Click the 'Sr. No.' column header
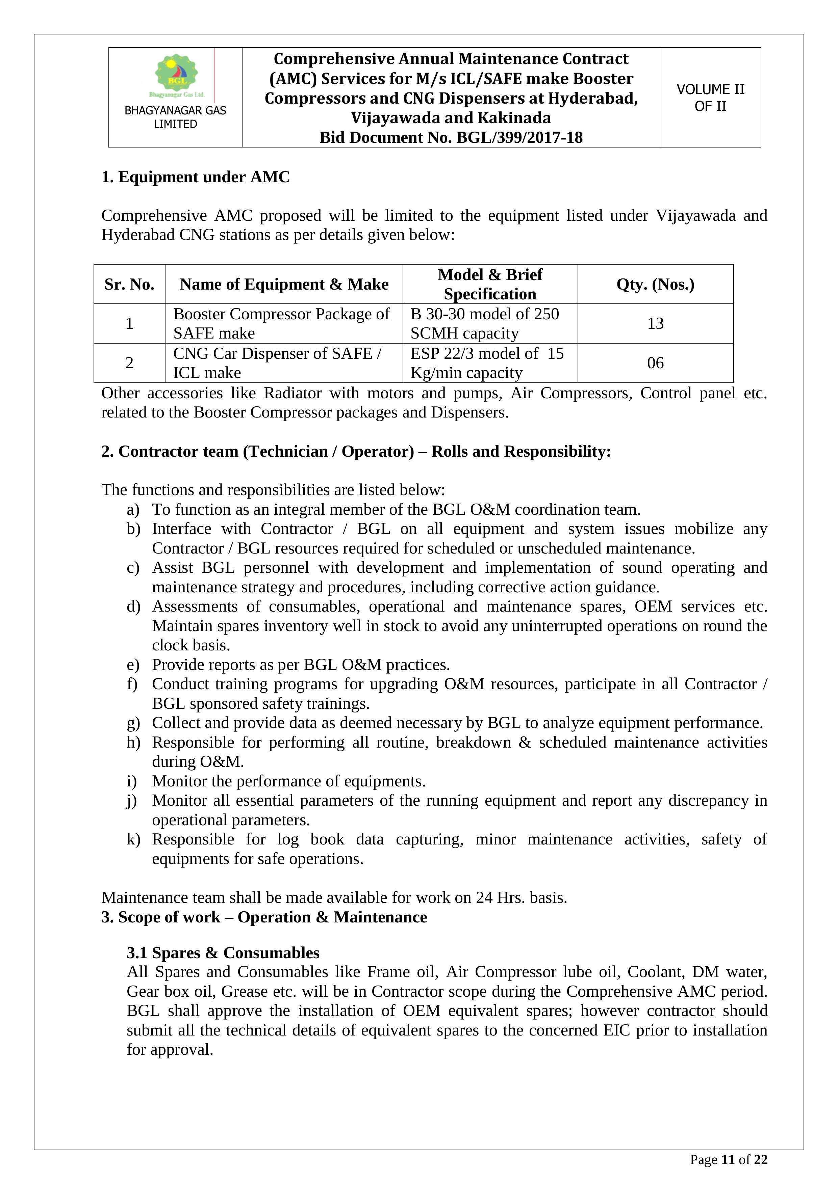pyautogui.click(x=129, y=284)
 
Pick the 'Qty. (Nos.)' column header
pyautogui.click(x=655, y=284)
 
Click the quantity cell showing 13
pyautogui.click(x=655, y=323)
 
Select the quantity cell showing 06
pyautogui.click(x=655, y=363)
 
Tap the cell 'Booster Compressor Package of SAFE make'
pyautogui.click(x=281, y=323)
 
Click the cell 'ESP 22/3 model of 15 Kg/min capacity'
pyautogui.click(x=487, y=363)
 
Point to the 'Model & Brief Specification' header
pyautogui.click(x=490, y=284)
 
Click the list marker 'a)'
pyautogui.click(x=133, y=510)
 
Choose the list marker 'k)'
pyautogui.click(x=133, y=839)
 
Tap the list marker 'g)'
pyautogui.click(x=133, y=723)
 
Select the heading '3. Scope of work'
pyautogui.click(x=264, y=917)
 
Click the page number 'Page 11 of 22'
pyautogui.click(x=729, y=1160)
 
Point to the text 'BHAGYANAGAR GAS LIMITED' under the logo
pyautogui.click(x=175, y=117)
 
